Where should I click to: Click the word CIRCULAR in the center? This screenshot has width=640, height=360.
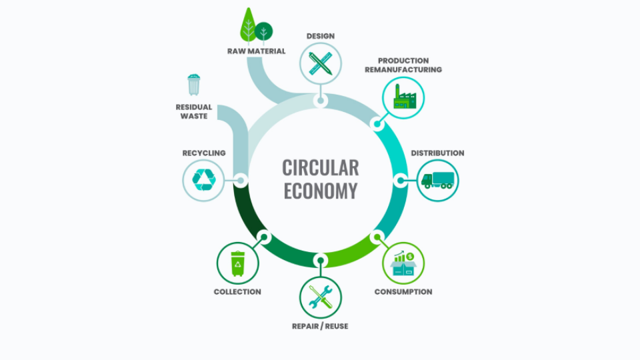coord(320,167)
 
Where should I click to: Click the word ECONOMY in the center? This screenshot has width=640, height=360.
coord(320,191)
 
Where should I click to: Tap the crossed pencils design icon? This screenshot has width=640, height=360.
coord(320,64)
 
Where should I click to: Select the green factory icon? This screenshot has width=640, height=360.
coord(403,97)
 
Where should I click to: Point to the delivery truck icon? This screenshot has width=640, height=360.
coord(437,180)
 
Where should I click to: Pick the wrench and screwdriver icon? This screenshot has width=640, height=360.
coord(320,297)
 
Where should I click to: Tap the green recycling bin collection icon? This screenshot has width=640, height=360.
coord(237,263)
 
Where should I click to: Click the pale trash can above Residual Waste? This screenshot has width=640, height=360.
coord(193,85)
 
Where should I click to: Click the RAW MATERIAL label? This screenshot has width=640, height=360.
coord(256,51)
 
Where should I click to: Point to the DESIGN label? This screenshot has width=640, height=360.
coord(320,36)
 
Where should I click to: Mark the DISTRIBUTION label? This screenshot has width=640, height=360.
coord(437,153)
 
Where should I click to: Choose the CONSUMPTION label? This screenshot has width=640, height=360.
coord(403,292)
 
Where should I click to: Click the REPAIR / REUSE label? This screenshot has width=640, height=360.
coord(320,326)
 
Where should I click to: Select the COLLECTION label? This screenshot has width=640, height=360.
coord(237,292)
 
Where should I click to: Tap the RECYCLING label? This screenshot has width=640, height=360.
coord(204,153)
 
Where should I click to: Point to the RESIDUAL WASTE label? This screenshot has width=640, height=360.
coord(194,111)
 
